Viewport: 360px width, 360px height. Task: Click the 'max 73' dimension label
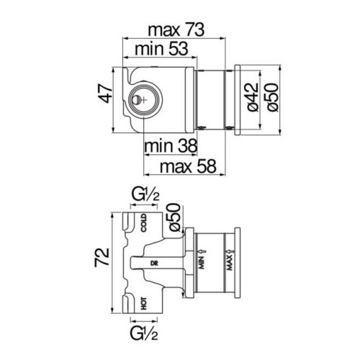pos(176,30)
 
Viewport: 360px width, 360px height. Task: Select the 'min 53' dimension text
pos(161,49)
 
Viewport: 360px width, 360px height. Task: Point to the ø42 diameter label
pos(253,97)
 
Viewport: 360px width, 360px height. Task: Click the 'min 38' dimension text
pos(171,145)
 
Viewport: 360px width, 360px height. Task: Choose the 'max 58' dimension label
pos(188,166)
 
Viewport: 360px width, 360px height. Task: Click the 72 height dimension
pos(102,258)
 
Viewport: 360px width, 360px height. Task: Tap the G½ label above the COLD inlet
pos(145,195)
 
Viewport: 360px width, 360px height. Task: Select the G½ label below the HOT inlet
pos(144,333)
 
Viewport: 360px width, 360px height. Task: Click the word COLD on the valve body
pos(143,223)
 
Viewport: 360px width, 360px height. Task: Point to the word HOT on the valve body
pos(143,303)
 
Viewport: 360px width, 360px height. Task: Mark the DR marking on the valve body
pos(154,264)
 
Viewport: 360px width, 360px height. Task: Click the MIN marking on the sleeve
pos(202,263)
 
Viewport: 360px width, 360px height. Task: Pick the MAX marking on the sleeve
pos(230,263)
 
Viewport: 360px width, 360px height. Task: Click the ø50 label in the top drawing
pos(272,97)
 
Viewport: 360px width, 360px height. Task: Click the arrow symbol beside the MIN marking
pos(202,251)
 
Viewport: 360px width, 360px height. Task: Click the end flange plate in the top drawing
pos(238,100)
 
